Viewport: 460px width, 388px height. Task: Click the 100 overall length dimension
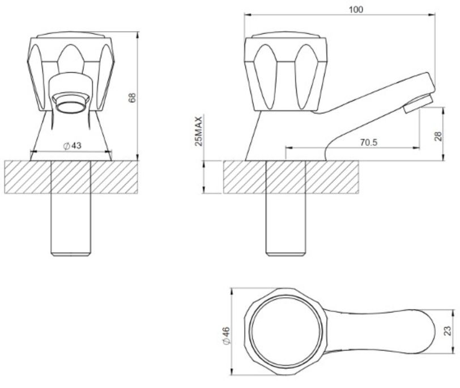(356, 10)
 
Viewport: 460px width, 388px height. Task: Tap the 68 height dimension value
(133, 98)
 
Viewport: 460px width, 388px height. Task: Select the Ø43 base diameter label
(73, 146)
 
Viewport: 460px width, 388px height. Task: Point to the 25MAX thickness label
(199, 131)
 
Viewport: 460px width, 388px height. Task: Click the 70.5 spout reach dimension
(368, 142)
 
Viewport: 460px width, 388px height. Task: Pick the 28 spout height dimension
(438, 136)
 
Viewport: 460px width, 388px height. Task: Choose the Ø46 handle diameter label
(227, 335)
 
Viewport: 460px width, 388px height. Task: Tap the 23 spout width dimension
(448, 331)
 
